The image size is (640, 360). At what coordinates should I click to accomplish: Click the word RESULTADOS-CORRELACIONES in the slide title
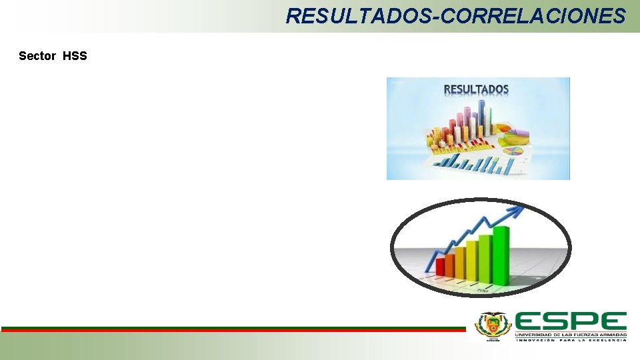coord(455,16)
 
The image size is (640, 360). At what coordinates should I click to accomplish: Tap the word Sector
coord(37,56)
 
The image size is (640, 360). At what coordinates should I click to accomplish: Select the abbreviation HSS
coord(75,56)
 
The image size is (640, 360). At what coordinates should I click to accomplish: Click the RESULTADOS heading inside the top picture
coord(476,89)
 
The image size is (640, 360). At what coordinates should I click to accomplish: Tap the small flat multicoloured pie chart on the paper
coord(513,152)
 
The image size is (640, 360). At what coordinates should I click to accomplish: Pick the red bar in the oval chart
coord(440,266)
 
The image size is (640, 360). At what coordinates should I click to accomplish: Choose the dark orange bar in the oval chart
coord(450,265)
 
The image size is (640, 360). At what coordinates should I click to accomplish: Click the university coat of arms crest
coord(491,326)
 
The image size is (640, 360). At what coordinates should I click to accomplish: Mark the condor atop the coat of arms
coord(491,315)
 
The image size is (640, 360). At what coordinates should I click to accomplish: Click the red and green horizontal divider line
coord(233,329)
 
